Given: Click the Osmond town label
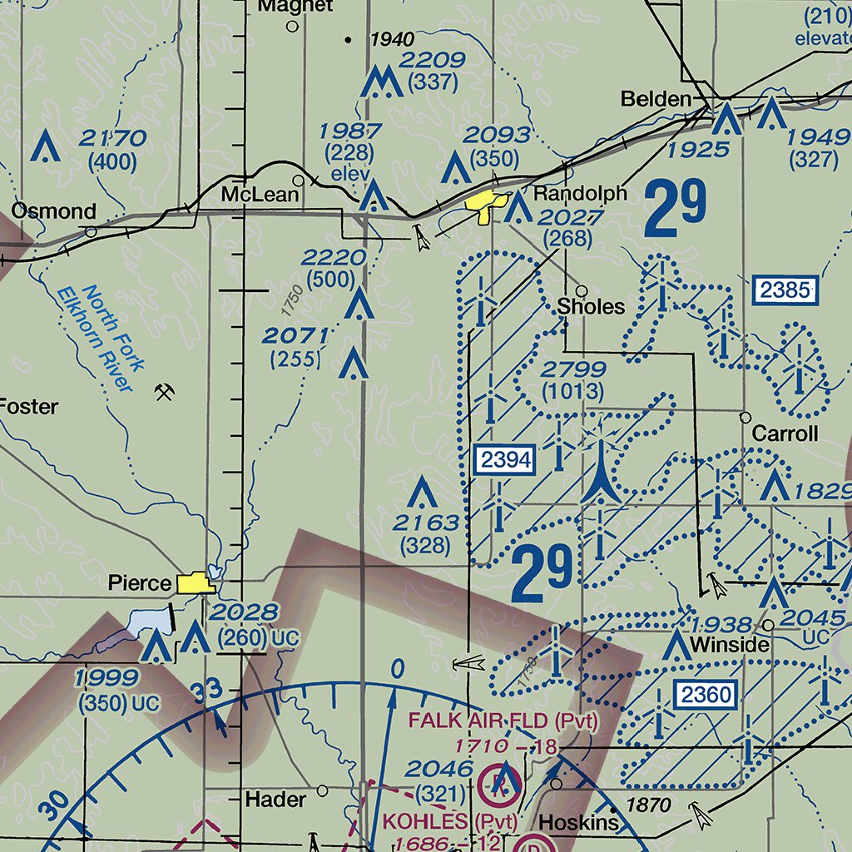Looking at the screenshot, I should pyautogui.click(x=53, y=211).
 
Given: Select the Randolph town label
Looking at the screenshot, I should pyautogui.click(x=580, y=194).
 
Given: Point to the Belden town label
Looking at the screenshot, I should pyautogui.click(x=656, y=100).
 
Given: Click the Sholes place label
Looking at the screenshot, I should pyautogui.click(x=591, y=306).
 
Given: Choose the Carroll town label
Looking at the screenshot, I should pyautogui.click(x=785, y=433).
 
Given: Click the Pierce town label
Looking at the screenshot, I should pyautogui.click(x=139, y=583).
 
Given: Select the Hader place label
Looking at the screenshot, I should pyautogui.click(x=275, y=800).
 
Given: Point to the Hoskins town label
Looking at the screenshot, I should pyautogui.click(x=579, y=823).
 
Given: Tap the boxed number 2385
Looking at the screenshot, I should pyautogui.click(x=785, y=290).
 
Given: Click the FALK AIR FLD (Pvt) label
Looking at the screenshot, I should pyautogui.click(x=502, y=721).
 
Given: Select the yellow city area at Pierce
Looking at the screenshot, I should pyautogui.click(x=196, y=582).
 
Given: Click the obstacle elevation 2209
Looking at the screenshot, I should pyautogui.click(x=431, y=60).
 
